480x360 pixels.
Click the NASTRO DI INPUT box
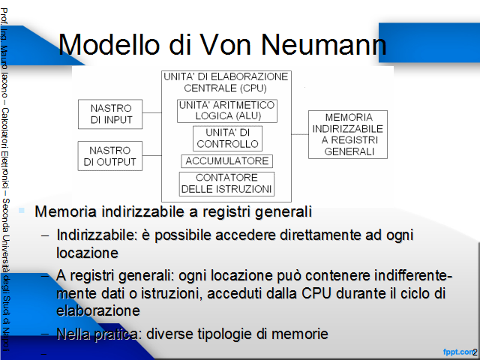[x=110, y=114]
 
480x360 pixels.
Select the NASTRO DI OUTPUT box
[x=110, y=156]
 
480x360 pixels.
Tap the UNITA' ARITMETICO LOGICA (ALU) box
[x=227, y=111]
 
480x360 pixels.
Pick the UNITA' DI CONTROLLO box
[x=227, y=138]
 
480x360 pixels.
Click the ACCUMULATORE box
[x=226, y=161]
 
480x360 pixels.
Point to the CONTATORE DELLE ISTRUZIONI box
[x=226, y=184]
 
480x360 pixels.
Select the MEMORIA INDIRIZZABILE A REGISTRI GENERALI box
[x=348, y=134]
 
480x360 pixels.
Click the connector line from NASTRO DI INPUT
[x=151, y=112]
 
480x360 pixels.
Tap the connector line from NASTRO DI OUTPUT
[x=151, y=155]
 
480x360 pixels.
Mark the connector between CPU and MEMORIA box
[x=300, y=134]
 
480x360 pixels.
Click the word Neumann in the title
[x=324, y=45]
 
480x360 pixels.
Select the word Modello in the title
[x=109, y=45]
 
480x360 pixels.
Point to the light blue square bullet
[x=22, y=210]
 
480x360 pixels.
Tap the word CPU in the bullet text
[x=316, y=293]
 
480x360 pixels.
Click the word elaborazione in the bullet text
[x=98, y=310]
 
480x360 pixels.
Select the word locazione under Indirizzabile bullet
[x=87, y=253]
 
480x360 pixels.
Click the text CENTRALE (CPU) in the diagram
[x=225, y=88]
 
